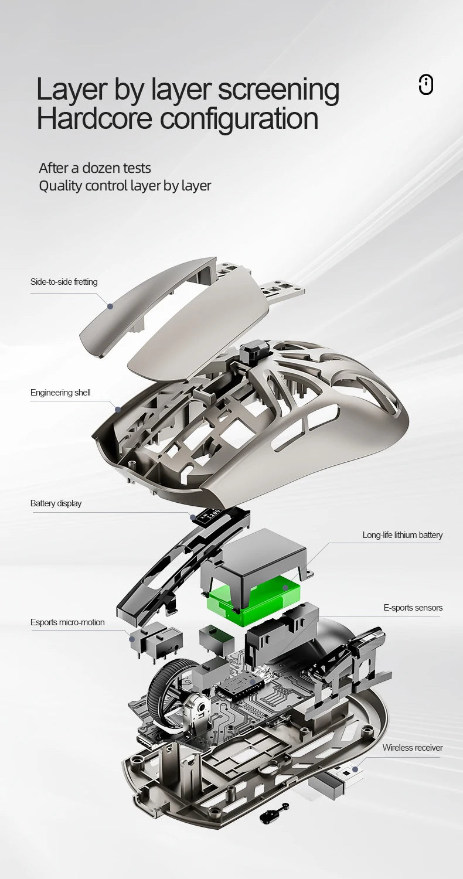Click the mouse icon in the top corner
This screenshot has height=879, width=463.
[x=425, y=84]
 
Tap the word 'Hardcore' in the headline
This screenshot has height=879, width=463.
[x=94, y=118]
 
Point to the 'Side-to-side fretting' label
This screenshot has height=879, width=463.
[x=64, y=282]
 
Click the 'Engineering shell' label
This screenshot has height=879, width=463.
[x=60, y=392]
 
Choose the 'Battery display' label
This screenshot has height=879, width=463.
[x=56, y=503]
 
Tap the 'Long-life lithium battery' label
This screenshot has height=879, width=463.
[x=402, y=534]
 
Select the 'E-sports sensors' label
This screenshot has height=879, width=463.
[x=413, y=608]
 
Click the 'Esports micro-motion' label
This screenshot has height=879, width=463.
[x=67, y=622]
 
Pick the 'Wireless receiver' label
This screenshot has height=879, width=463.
[x=413, y=747]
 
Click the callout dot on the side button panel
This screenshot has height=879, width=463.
[x=110, y=305]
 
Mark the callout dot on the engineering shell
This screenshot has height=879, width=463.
[x=117, y=409]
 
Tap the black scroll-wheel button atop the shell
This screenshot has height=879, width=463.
[x=250, y=353]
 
